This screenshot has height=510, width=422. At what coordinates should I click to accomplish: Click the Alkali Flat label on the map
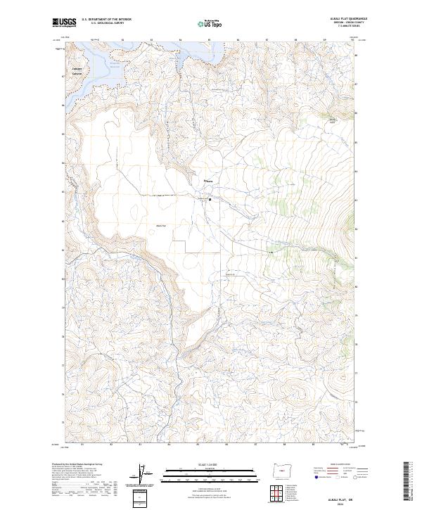[x=160, y=225]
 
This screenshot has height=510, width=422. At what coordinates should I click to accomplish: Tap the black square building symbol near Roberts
[x=210, y=198]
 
